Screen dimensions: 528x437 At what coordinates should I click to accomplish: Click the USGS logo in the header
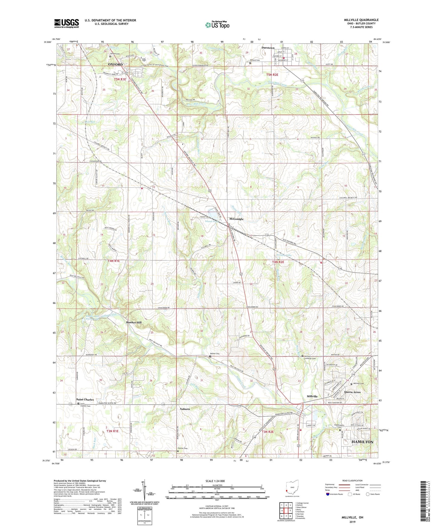click(x=67, y=23)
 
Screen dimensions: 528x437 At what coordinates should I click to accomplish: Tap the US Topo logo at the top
click(x=217, y=25)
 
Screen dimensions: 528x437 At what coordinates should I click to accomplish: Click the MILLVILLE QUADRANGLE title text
click(x=361, y=20)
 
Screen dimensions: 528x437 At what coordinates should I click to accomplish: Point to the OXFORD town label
click(x=116, y=64)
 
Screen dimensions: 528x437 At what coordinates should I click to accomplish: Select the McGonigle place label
click(x=236, y=219)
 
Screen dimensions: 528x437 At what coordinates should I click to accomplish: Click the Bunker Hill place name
click(x=134, y=323)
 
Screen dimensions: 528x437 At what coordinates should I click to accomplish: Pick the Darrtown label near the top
click(x=268, y=48)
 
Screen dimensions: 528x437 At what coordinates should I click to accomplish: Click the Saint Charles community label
click(x=85, y=399)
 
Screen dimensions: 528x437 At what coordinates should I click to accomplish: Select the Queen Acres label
click(x=352, y=392)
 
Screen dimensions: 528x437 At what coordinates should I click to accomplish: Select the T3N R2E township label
click(x=266, y=432)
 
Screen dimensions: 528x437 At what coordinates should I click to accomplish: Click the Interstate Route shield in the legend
click(x=328, y=494)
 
